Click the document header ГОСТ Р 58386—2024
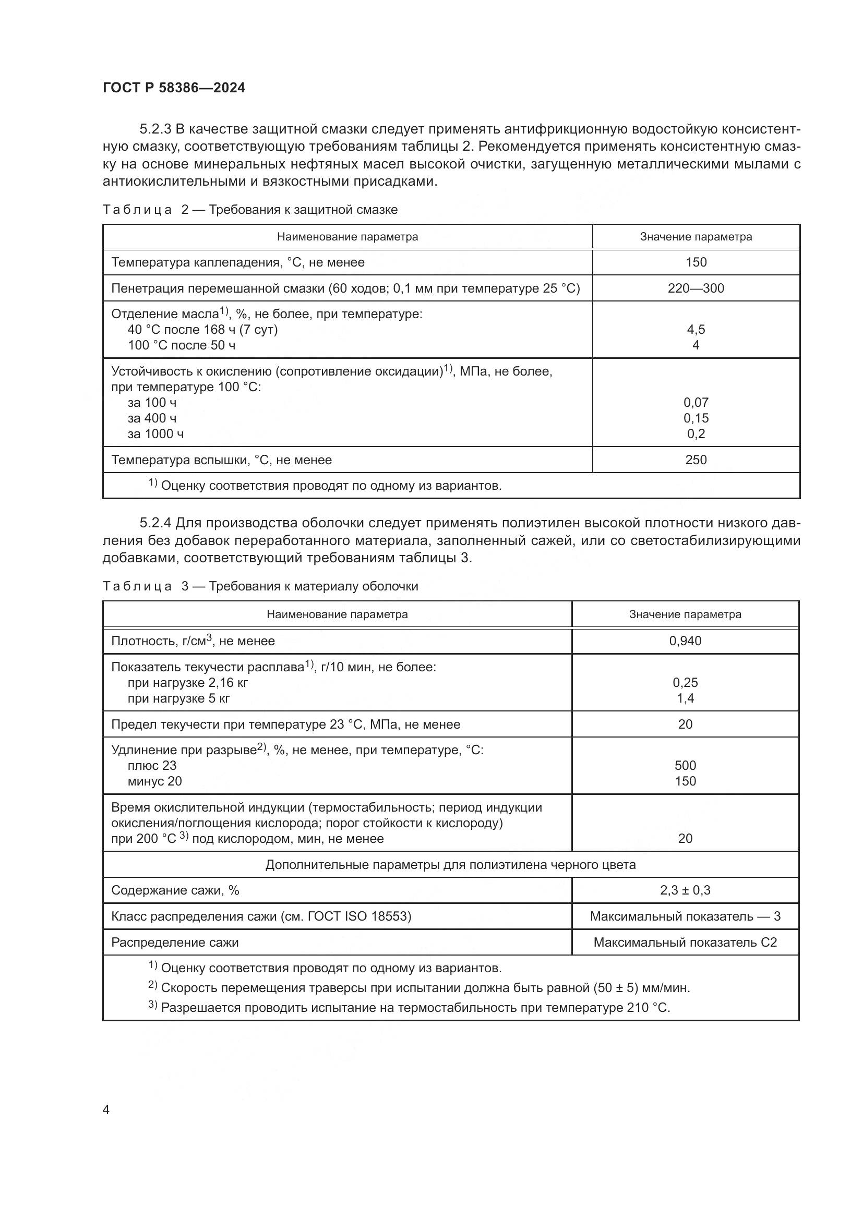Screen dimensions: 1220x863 (174, 88)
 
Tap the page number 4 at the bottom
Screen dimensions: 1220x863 (106, 1110)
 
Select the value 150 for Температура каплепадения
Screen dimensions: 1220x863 (696, 262)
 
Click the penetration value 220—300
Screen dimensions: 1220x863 (696, 288)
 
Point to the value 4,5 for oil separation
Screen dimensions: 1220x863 (696, 330)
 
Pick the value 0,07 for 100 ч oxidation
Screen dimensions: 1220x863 (696, 403)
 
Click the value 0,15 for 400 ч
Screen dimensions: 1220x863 (696, 418)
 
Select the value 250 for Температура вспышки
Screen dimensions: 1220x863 (696, 460)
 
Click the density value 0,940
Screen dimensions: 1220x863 (685, 641)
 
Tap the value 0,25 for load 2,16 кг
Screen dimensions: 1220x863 (685, 683)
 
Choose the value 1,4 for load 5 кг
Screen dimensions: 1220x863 (685, 698)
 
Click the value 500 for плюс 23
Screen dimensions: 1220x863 (685, 766)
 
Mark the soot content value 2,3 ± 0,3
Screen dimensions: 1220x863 (685, 890)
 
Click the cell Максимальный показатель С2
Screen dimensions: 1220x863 (685, 943)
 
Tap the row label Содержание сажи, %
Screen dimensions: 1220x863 (175, 890)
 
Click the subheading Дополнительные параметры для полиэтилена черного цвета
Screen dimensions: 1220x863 (450, 864)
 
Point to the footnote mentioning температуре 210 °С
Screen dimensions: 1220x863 (414, 1008)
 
